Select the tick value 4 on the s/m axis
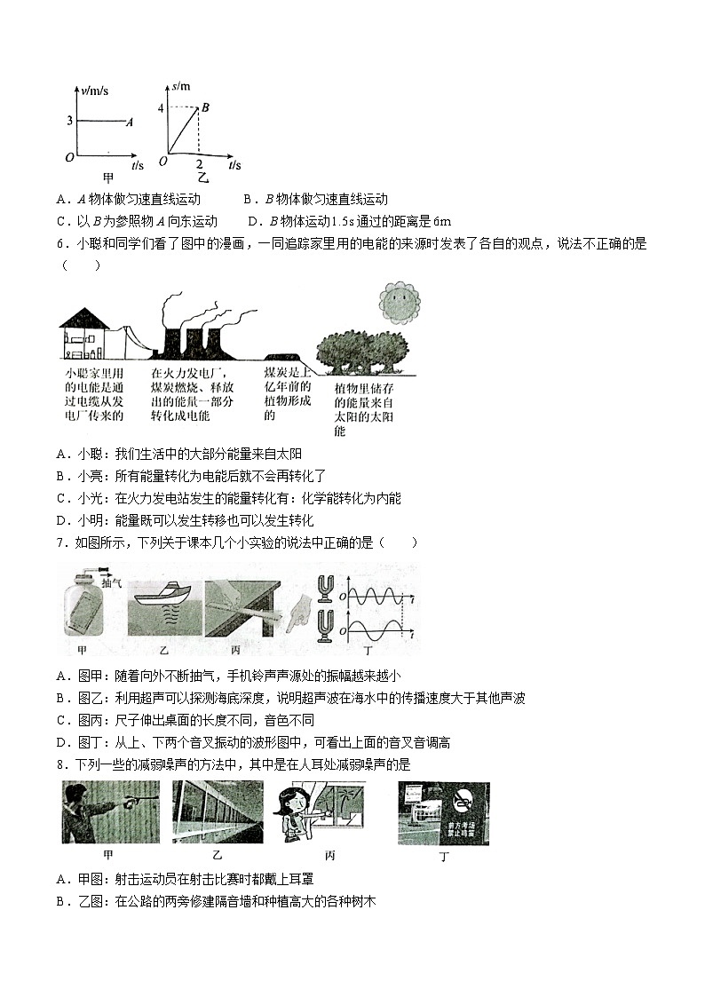(x=161, y=108)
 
